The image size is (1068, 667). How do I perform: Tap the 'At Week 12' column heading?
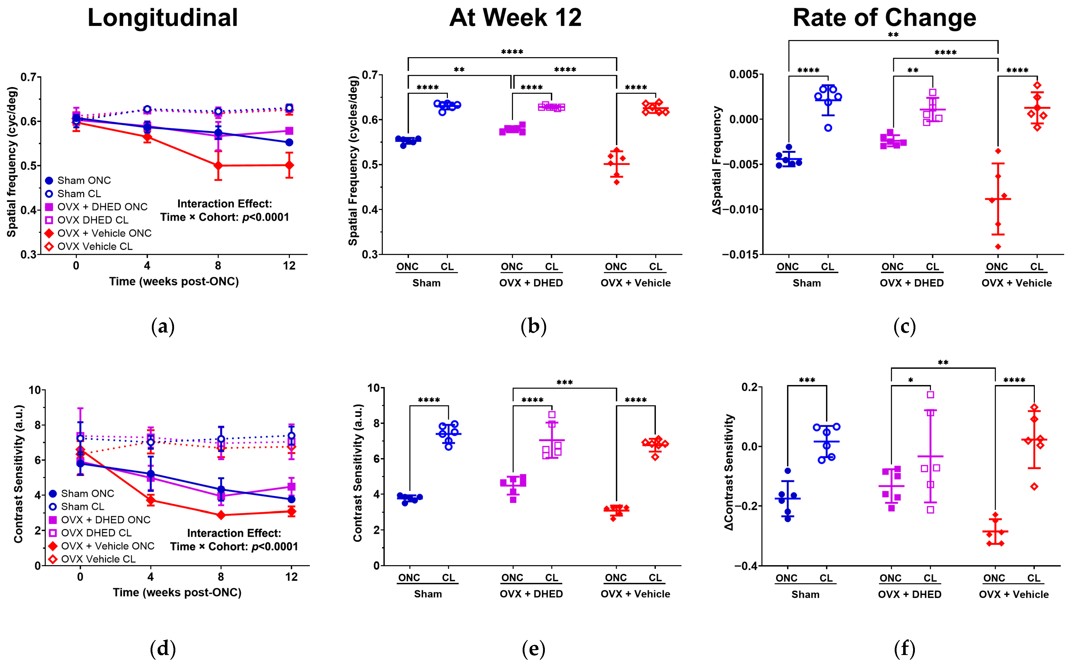[515, 18]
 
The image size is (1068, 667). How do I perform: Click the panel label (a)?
[163, 327]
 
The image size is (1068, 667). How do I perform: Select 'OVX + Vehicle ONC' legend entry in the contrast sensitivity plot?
[107, 546]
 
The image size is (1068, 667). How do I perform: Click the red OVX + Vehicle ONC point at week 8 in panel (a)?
[218, 165]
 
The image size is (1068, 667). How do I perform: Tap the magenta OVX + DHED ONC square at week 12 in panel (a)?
[289, 131]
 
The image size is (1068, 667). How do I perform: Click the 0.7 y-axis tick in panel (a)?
[28, 78]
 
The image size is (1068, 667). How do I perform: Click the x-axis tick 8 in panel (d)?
[220, 577]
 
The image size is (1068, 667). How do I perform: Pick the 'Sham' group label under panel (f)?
[805, 595]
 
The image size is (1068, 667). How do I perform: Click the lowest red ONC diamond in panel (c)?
[998, 246]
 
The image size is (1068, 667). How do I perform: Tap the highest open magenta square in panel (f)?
[930, 395]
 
